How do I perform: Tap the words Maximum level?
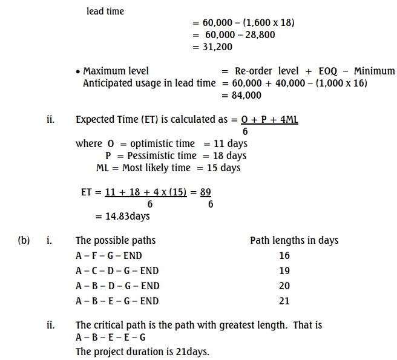click(116, 71)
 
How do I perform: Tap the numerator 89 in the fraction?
click(206, 192)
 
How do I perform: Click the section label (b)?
click(24, 240)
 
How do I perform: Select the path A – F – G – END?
click(109, 255)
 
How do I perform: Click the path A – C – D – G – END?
click(117, 270)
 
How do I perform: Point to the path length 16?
click(284, 255)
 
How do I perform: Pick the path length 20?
click(284, 286)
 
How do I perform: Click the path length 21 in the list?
click(284, 300)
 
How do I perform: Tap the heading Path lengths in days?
click(294, 240)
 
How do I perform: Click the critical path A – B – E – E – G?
click(111, 337)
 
